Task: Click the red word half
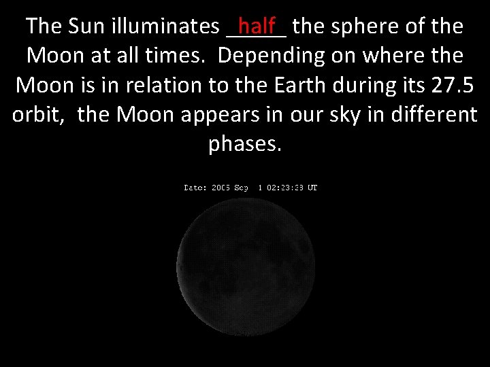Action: [257, 27]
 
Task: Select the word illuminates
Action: [165, 27]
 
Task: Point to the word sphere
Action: [366, 27]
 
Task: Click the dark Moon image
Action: [245, 265]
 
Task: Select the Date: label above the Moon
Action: [195, 188]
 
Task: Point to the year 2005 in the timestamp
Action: [220, 188]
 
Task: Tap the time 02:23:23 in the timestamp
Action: [284, 188]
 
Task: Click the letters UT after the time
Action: [312, 188]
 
